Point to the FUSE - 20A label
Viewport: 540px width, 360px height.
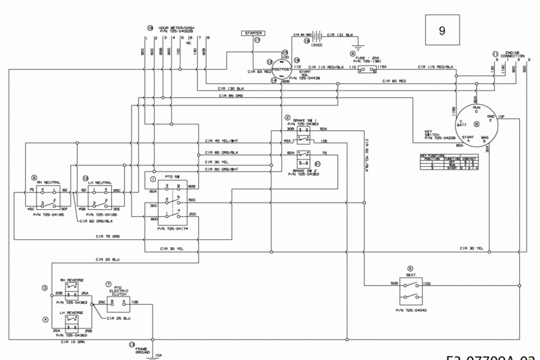pos(365,57)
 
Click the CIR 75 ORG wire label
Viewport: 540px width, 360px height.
pos(108,236)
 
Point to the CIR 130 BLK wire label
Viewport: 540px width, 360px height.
pos(231,89)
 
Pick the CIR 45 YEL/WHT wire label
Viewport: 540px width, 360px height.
pos(221,142)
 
